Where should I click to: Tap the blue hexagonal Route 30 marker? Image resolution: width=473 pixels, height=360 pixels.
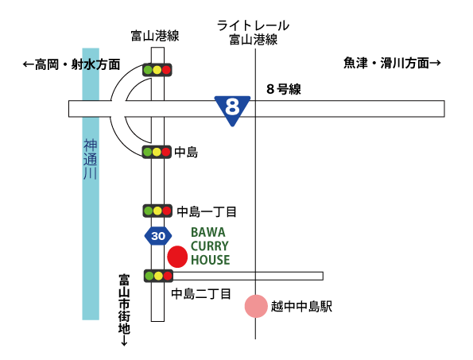click(x=158, y=236)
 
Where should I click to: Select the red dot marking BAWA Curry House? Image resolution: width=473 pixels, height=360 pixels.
click(x=177, y=257)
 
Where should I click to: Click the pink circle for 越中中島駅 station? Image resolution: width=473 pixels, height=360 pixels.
click(x=256, y=306)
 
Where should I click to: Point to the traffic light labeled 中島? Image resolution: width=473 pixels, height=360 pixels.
click(x=157, y=152)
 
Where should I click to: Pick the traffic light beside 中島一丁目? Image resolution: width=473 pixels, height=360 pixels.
click(x=157, y=211)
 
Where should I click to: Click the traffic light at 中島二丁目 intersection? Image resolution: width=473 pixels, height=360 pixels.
click(x=158, y=276)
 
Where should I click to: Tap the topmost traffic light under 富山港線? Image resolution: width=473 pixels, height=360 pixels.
click(x=157, y=70)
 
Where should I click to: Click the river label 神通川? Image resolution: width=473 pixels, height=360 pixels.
click(x=90, y=159)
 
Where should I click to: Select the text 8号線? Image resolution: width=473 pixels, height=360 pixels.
click(x=284, y=89)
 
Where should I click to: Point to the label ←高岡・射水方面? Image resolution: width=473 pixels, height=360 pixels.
click(x=72, y=64)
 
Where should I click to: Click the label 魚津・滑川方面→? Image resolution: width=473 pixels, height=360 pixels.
click(x=392, y=63)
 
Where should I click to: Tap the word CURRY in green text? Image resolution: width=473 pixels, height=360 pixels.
click(x=210, y=246)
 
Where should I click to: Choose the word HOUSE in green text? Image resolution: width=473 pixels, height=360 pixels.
click(x=210, y=260)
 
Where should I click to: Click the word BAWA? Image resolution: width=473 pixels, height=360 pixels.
click(x=208, y=233)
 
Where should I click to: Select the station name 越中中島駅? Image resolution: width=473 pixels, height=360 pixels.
click(x=301, y=306)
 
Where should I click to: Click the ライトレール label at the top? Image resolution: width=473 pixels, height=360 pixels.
click(x=253, y=25)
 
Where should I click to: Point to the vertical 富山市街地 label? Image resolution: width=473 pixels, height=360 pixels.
click(x=124, y=304)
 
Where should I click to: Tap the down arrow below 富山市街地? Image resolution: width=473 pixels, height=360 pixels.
click(x=124, y=341)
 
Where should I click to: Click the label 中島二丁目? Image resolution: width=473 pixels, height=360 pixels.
click(x=201, y=294)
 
